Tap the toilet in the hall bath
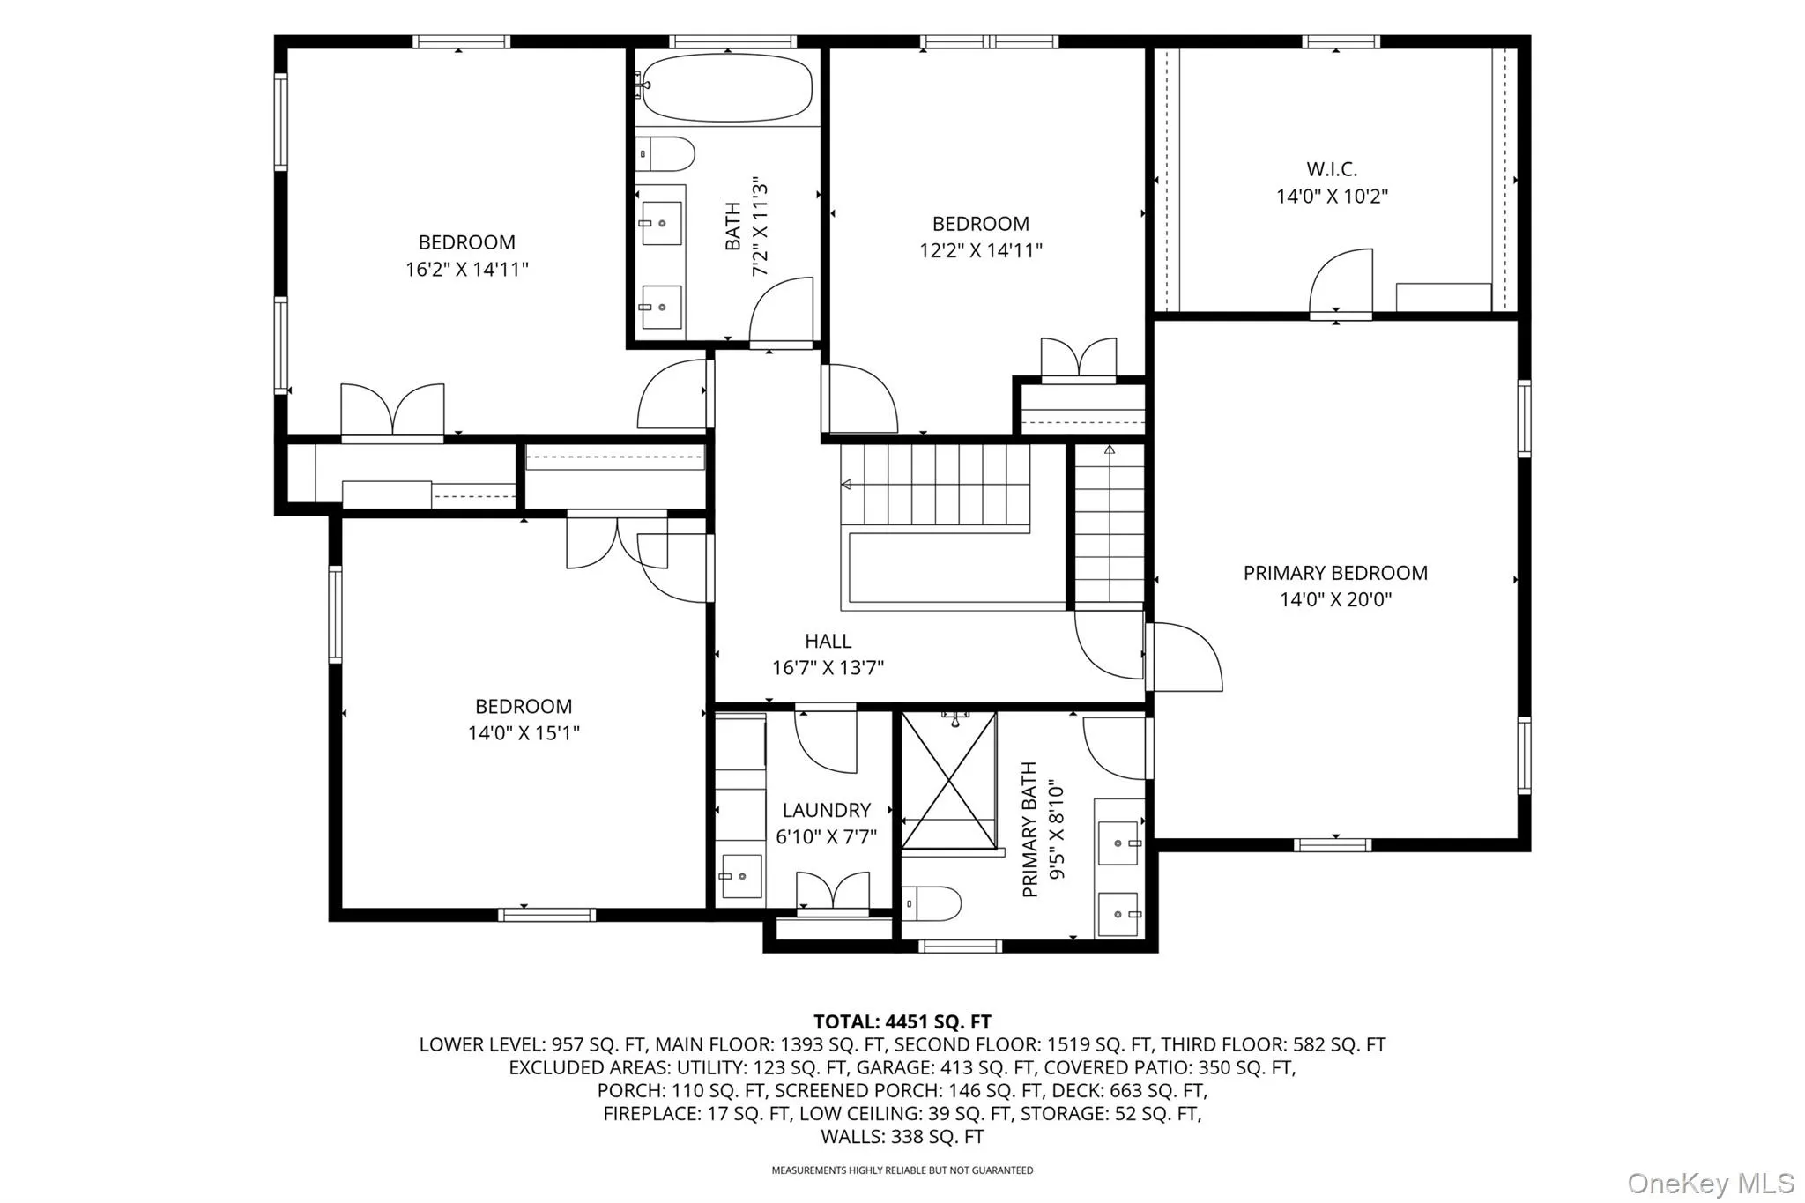665,153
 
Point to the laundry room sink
740,876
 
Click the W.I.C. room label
1332,168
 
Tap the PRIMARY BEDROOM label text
1335,573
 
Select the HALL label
828,642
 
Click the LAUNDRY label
826,810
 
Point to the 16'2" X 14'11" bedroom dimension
466,269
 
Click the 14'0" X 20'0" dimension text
1335,600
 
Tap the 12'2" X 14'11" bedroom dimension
981,250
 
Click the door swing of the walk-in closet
1341,281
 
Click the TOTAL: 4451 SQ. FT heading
902,1021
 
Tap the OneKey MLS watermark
1711,1182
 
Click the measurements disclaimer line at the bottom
902,1170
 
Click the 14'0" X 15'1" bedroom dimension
524,732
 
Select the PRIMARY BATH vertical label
1029,829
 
